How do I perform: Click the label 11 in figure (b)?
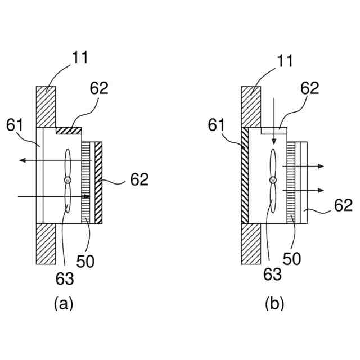[x=284, y=61]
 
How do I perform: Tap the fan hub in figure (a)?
[x=67, y=179]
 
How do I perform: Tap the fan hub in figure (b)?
[x=273, y=179]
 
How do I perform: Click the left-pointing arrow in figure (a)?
[x=22, y=161]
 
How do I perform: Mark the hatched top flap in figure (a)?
[x=69, y=130]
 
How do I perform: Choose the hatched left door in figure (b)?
[x=245, y=175]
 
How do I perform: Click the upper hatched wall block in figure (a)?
[x=46, y=106]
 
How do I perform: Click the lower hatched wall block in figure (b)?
[x=250, y=243]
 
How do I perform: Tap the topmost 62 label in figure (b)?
[x=309, y=88]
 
